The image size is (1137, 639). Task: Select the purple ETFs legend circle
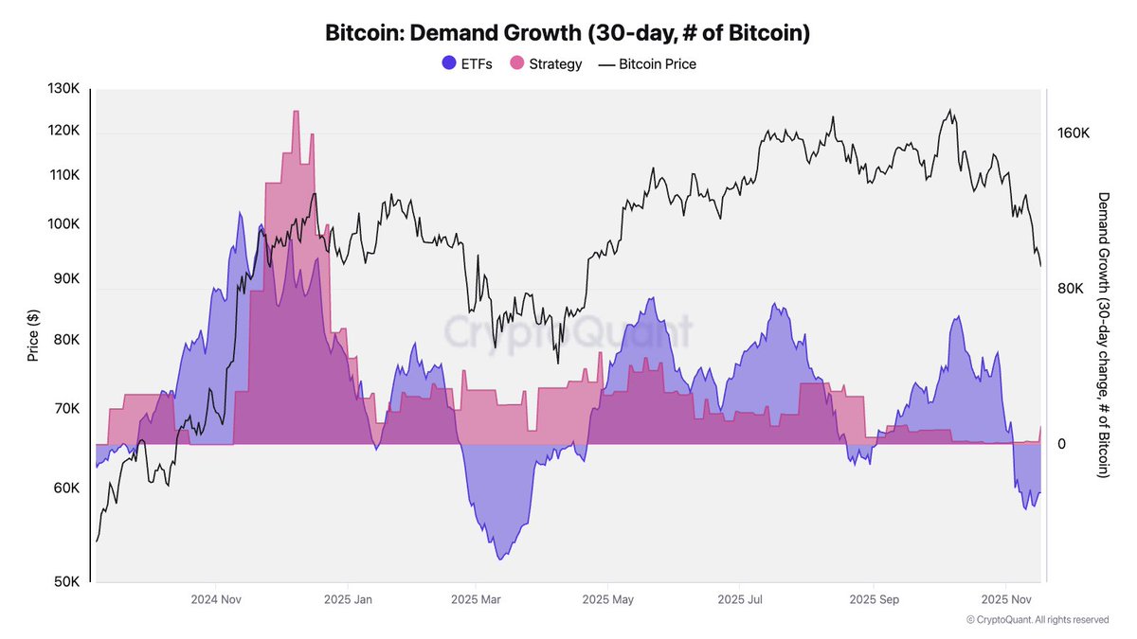(x=449, y=64)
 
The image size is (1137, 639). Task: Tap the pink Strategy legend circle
(x=517, y=64)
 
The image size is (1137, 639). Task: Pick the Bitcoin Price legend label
(x=658, y=64)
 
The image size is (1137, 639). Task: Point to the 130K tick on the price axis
(x=63, y=89)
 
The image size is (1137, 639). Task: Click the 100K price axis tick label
(x=63, y=224)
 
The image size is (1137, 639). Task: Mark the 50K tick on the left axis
(x=65, y=582)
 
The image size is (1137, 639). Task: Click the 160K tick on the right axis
(x=1073, y=133)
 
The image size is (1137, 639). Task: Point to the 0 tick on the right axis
(x=1061, y=444)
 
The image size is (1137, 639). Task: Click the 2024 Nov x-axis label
(x=216, y=599)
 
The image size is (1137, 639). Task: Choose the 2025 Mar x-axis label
(x=477, y=599)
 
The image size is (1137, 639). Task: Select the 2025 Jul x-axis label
(x=741, y=599)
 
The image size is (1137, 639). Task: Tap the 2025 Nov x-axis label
(x=1006, y=599)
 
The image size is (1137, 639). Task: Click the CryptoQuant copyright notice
(x=1038, y=620)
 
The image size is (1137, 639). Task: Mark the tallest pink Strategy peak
(x=296, y=112)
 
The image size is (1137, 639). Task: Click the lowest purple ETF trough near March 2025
(x=499, y=559)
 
